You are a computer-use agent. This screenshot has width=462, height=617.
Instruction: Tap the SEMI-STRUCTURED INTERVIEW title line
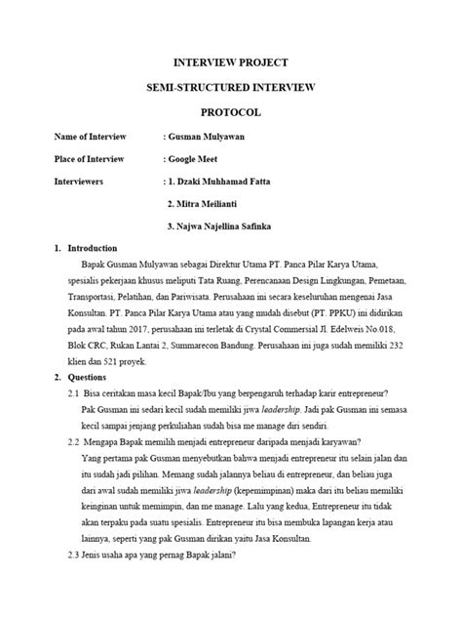coord(231,87)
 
